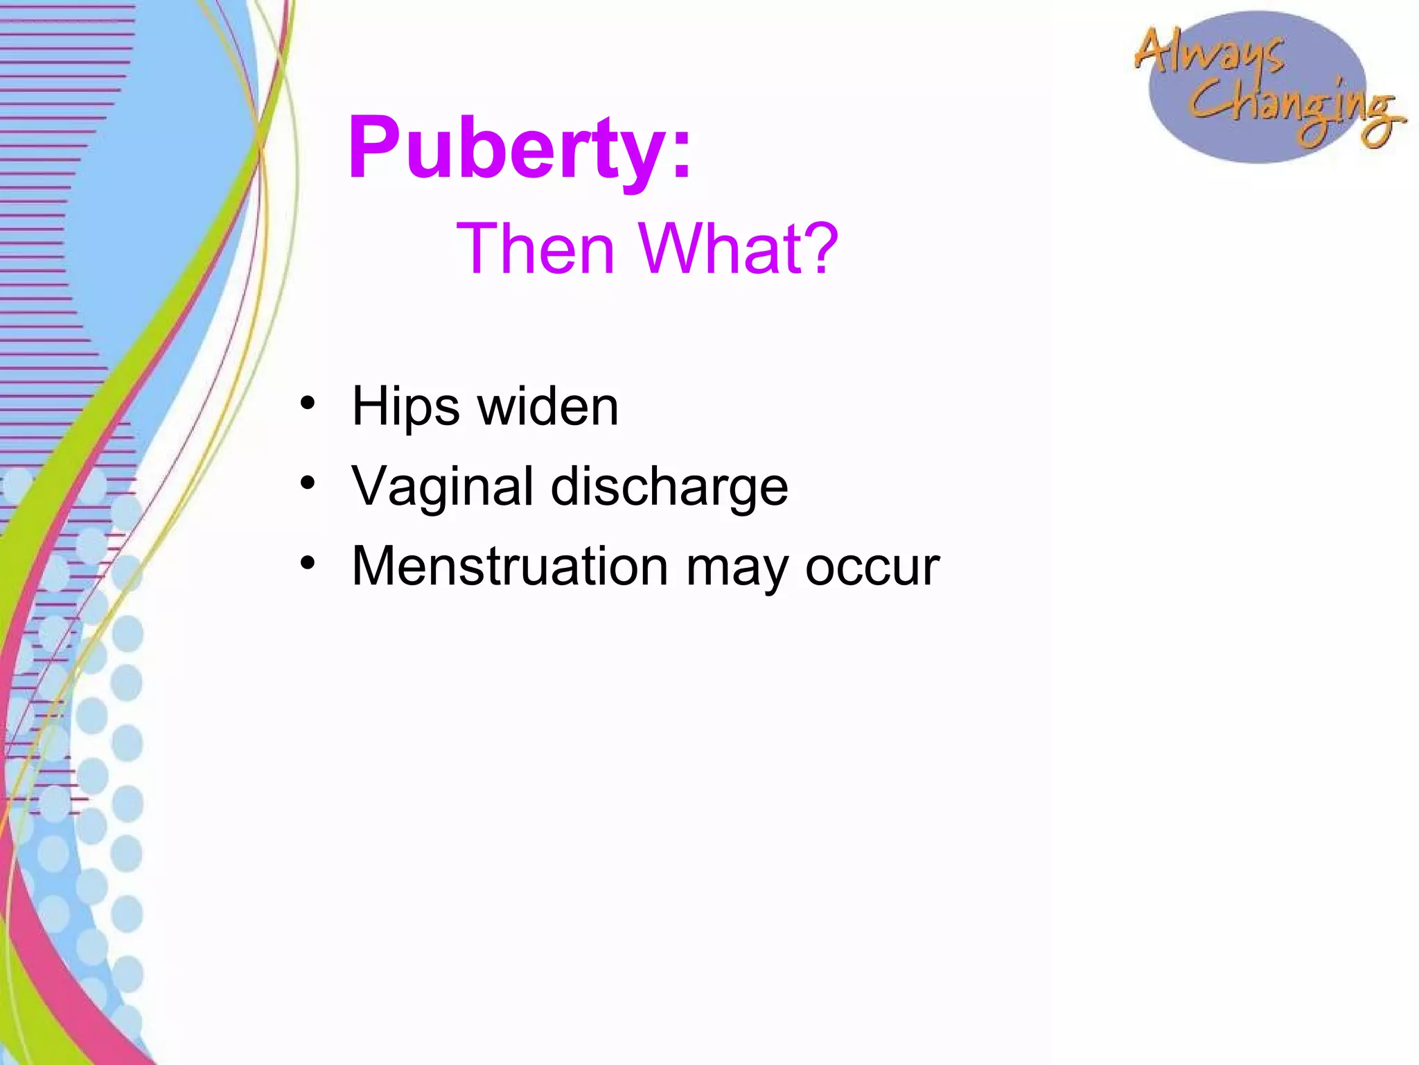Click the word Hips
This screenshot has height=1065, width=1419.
[x=405, y=407]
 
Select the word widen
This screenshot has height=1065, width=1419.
[x=548, y=407]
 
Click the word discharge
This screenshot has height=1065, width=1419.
[x=669, y=487]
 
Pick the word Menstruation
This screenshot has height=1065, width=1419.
[x=510, y=567]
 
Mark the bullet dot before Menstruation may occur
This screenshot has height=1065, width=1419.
[x=308, y=562]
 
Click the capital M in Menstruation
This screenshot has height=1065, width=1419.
[x=377, y=567]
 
